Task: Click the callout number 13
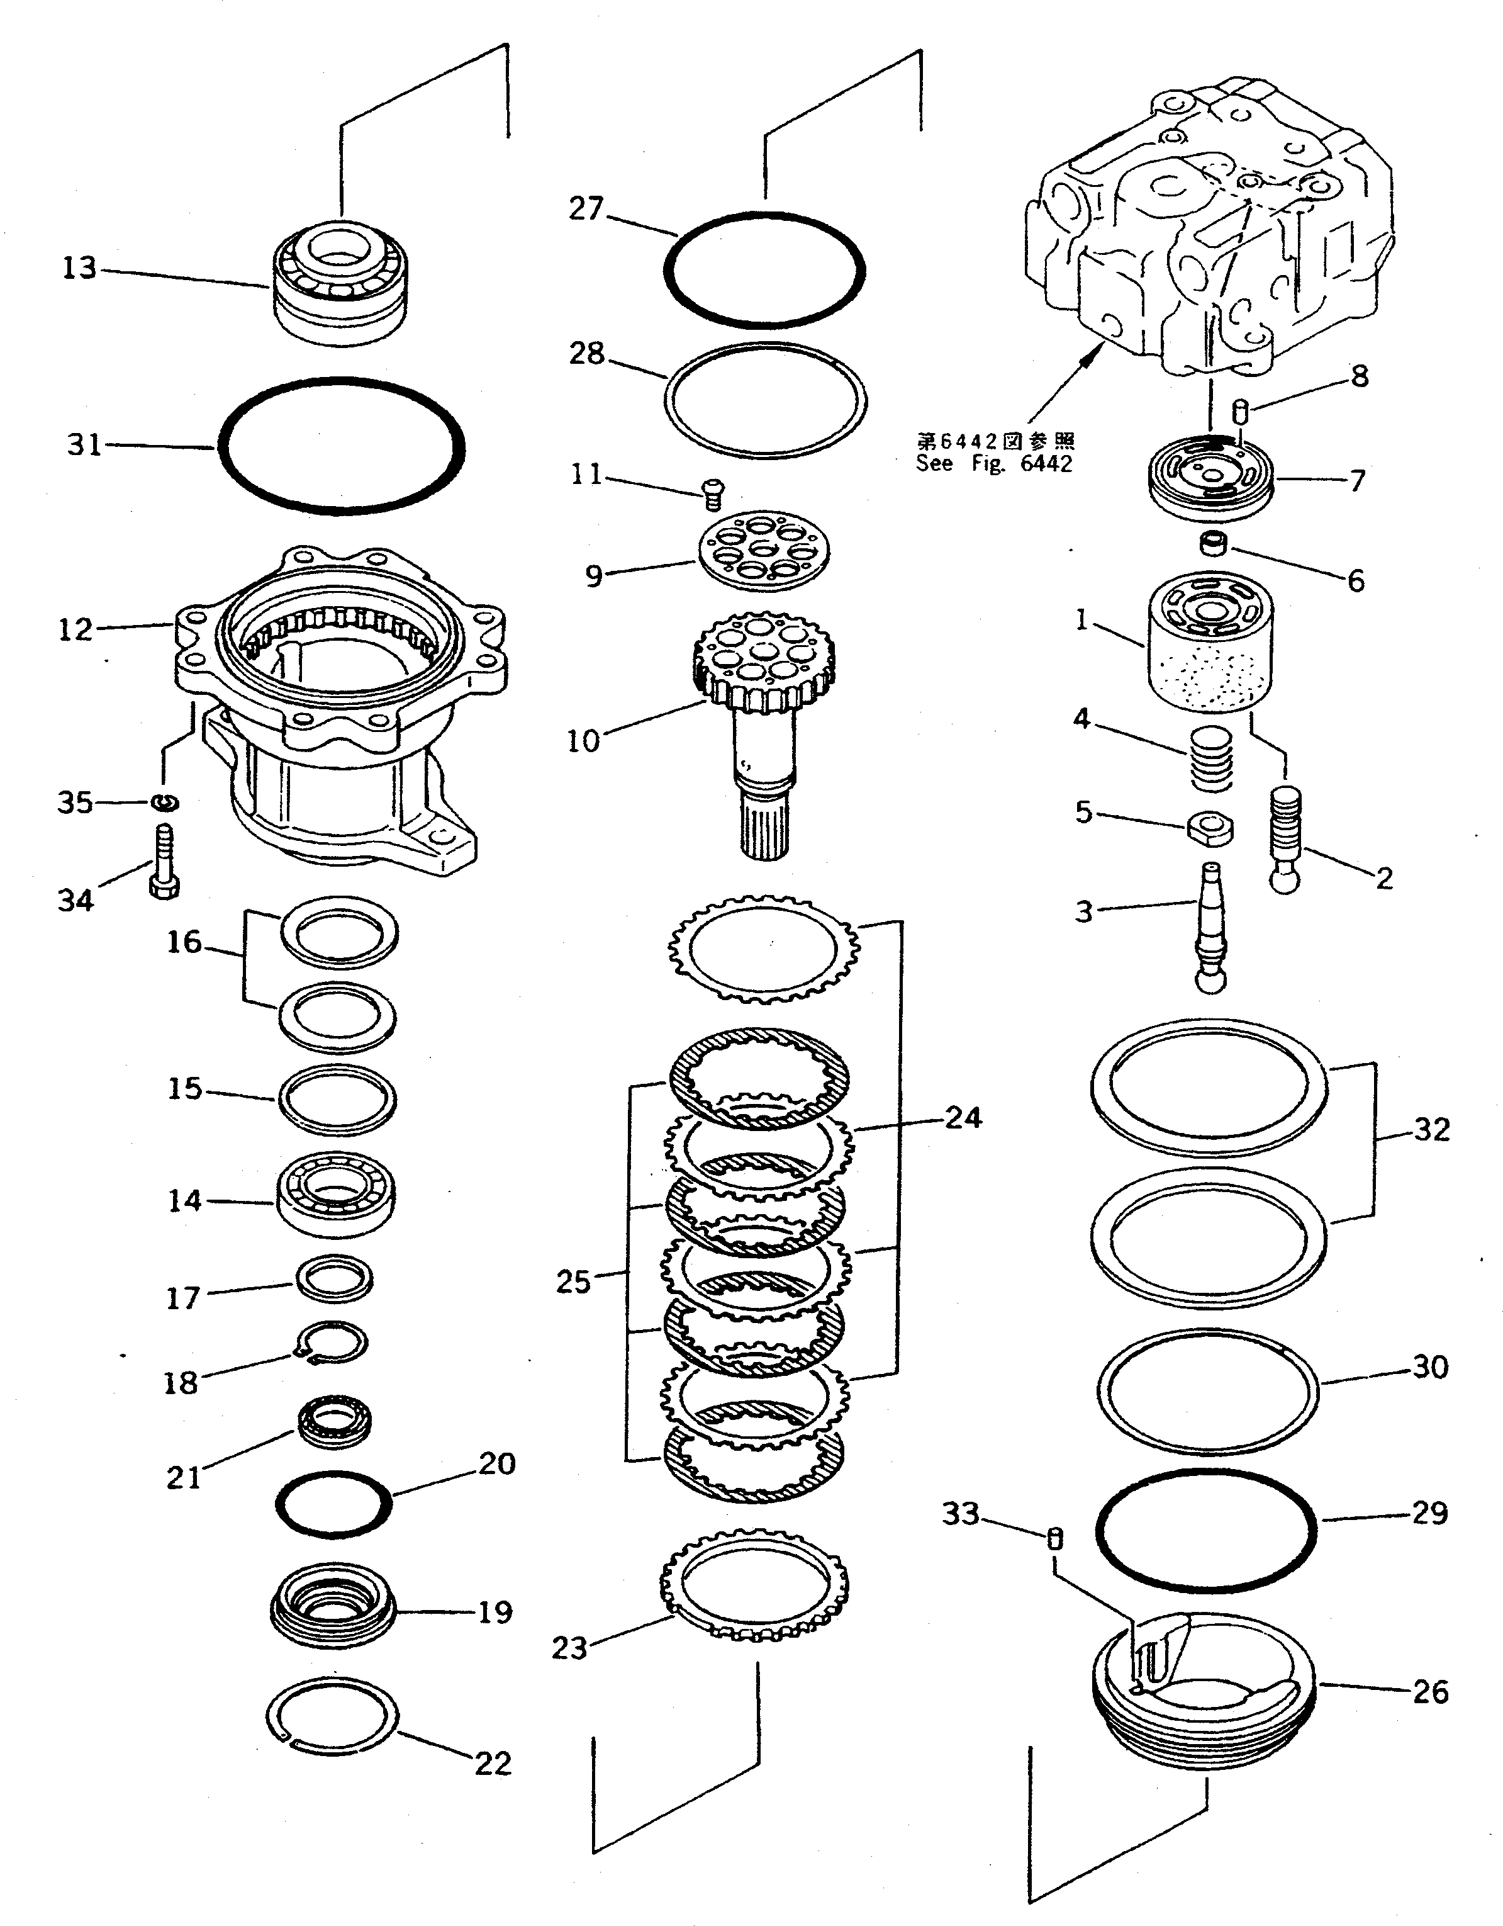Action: tap(79, 267)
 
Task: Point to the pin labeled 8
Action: tap(1239, 410)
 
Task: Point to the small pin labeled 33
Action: tap(1054, 1539)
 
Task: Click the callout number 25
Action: tap(573, 1281)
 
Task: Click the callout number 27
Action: tap(586, 209)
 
